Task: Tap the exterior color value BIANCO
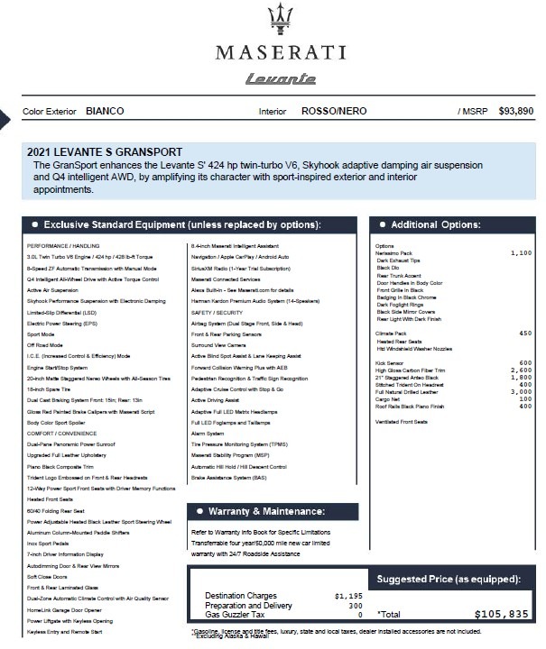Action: click(x=106, y=111)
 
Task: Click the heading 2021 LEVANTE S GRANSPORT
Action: click(x=106, y=151)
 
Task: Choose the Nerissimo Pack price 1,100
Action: click(x=521, y=253)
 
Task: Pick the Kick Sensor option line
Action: click(x=391, y=362)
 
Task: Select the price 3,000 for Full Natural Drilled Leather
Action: click(x=521, y=391)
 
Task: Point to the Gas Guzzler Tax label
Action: click(x=236, y=614)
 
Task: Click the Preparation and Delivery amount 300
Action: click(x=355, y=605)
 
